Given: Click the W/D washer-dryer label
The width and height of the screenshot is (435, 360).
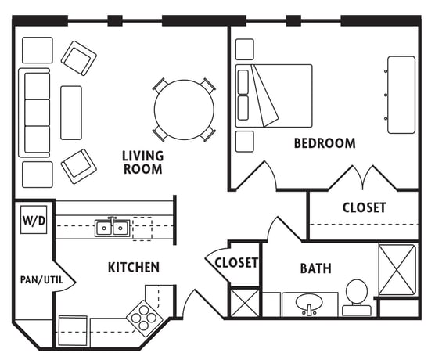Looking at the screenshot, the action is pyautogui.click(x=34, y=221).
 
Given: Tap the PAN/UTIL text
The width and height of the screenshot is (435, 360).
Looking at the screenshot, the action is pyautogui.click(x=41, y=279).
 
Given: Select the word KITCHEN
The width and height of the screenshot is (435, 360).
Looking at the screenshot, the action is pyautogui.click(x=134, y=267).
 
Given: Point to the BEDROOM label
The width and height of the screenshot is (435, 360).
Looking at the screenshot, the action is pyautogui.click(x=325, y=143).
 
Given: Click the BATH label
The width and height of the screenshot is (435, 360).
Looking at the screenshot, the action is pyautogui.click(x=316, y=268).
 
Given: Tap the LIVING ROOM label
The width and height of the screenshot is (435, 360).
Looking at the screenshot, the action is pyautogui.click(x=143, y=162).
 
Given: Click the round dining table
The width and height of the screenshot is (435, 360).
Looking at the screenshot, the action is pyautogui.click(x=184, y=110).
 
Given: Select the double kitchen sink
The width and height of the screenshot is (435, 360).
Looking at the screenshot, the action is pyautogui.click(x=112, y=229).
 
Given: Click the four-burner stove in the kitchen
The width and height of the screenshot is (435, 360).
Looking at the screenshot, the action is pyautogui.click(x=144, y=318).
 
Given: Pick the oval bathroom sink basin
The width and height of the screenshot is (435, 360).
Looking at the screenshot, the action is pyautogui.click(x=309, y=301).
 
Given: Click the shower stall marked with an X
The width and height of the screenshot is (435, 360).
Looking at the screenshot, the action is pyautogui.click(x=397, y=269).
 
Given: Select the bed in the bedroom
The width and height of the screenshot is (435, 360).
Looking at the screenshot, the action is pyautogui.click(x=274, y=96).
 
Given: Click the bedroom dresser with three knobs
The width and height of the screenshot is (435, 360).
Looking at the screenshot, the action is pyautogui.click(x=401, y=95).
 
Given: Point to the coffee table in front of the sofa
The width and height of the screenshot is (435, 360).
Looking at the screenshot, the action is pyautogui.click(x=71, y=113).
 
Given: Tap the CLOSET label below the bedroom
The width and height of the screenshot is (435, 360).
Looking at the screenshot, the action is pyautogui.click(x=365, y=207).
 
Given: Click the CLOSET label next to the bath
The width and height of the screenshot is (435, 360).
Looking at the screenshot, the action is pyautogui.click(x=236, y=263).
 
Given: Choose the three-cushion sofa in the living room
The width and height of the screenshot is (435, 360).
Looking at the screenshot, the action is pyautogui.click(x=34, y=113).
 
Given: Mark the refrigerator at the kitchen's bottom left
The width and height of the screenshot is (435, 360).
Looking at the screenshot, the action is pyautogui.click(x=73, y=331).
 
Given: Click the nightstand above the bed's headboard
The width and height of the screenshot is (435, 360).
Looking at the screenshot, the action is pyautogui.click(x=244, y=49).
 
